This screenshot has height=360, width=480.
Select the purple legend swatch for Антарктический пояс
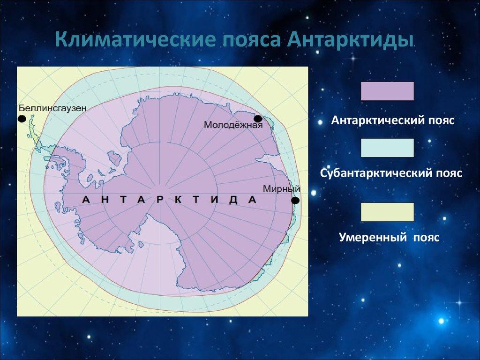pos(387,91)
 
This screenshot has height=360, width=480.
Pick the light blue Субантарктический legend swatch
pos(387,148)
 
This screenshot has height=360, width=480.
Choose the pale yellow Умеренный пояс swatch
pos(387,212)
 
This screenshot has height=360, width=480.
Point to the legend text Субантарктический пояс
pos(391,173)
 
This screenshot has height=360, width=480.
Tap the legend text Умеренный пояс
pos(389,238)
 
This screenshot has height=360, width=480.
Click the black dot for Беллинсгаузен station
pos(22,119)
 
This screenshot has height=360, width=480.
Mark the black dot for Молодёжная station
pos(258,119)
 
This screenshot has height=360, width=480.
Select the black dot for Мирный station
pos(295,201)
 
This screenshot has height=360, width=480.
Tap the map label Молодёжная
pos(232,125)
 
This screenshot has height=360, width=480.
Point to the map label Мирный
pos(281,189)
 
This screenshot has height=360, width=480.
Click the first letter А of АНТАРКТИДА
pos(86,200)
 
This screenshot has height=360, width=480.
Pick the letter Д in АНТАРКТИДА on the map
pos(233,200)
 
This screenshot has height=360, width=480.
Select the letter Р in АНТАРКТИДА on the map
pos(160,200)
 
